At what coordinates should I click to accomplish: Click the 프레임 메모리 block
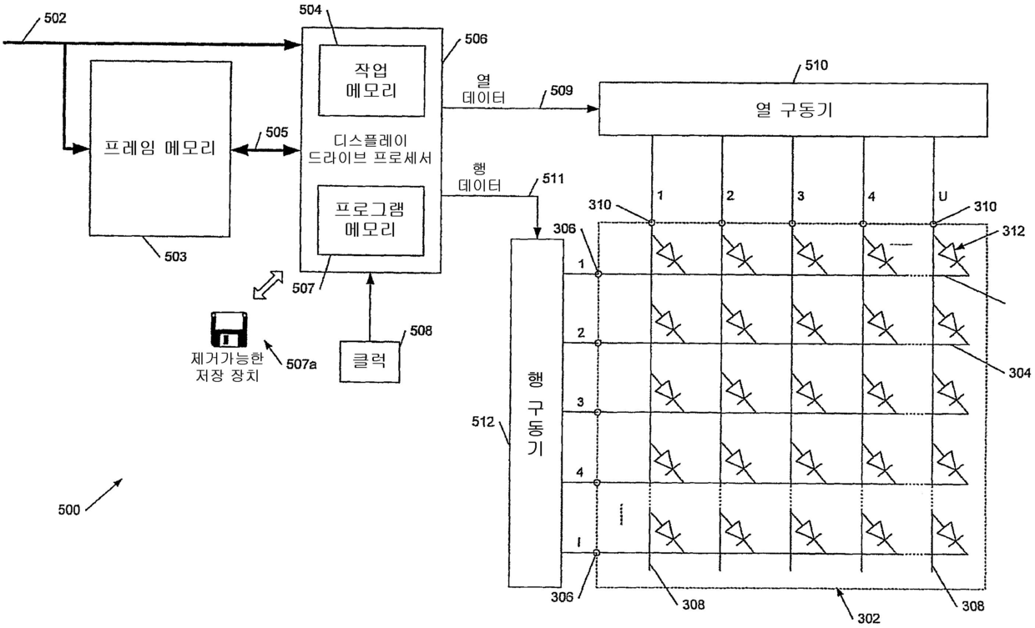pos(160,148)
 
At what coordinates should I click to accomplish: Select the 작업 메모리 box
pos(371,80)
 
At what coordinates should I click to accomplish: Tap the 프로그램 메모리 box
pos(371,220)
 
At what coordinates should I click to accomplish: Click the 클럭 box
pos(370,362)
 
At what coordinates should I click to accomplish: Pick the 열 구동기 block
pos(793,109)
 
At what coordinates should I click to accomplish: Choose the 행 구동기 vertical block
pos(536,414)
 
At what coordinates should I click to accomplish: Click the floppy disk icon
pos(229,329)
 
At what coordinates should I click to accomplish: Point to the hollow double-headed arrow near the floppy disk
pos(268,285)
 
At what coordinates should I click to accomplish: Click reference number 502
pos(55,18)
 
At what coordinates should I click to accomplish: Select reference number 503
pos(175,256)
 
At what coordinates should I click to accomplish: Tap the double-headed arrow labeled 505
pos(265,150)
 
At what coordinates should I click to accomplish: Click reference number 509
pos(562,91)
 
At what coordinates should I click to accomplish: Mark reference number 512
pos(482,422)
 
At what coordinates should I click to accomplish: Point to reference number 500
pos(69,510)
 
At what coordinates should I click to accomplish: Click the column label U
pos(943,197)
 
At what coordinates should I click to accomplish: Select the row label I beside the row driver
pos(579,542)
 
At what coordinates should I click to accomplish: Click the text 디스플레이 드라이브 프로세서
pos(370,149)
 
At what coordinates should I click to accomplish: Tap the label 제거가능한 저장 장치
pos(227,367)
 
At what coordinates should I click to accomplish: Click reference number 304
pos(1019,373)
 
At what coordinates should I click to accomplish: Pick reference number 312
pos(1012,231)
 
